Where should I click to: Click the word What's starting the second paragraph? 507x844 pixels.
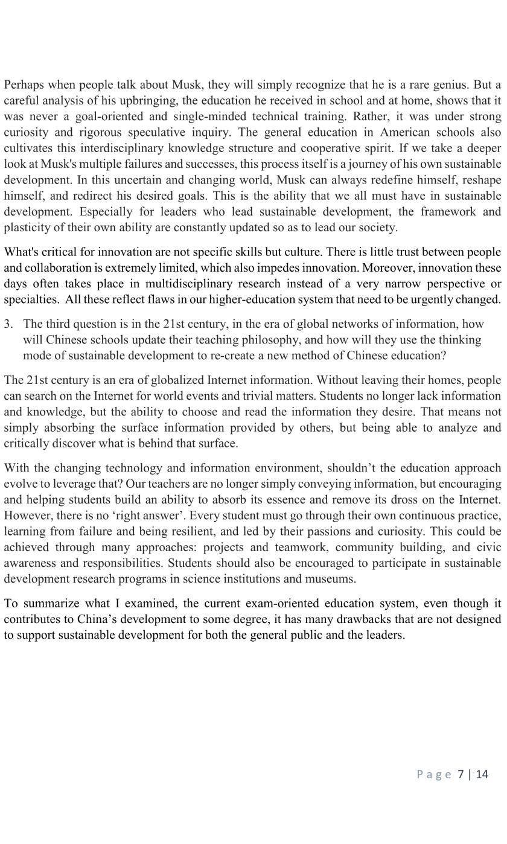coord(22,252)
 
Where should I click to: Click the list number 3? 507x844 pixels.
coord(8,324)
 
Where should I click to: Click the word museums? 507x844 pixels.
coord(332,578)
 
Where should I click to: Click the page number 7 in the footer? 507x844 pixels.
coord(461,775)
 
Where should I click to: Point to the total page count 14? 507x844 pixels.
coord(482,775)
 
